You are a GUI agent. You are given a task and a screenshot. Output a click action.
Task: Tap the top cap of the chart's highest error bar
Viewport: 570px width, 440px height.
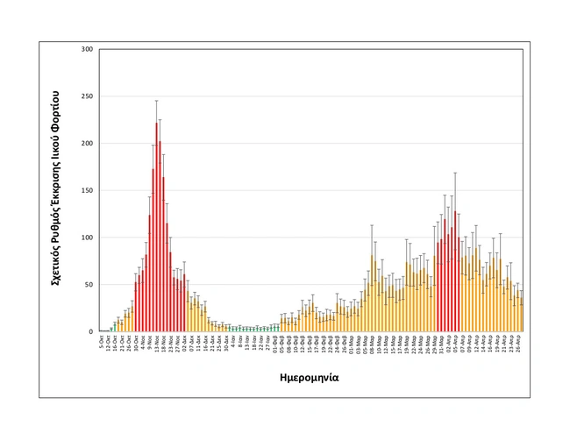pyautogui.click(x=156, y=101)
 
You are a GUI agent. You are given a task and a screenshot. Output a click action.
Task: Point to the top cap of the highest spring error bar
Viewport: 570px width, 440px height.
pyautogui.click(x=455, y=173)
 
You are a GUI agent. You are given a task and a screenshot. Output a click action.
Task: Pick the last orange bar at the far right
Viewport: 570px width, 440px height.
pyautogui.click(x=521, y=316)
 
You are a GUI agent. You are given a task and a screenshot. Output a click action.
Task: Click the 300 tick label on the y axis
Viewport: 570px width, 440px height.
pyautogui.click(x=87, y=49)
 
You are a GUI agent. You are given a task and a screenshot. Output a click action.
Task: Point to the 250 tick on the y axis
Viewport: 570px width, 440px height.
pyautogui.click(x=87, y=96)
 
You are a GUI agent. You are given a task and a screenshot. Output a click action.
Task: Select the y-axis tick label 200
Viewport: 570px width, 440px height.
pyautogui.click(x=87, y=144)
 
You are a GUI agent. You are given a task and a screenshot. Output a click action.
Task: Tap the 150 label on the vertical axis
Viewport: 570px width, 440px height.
pyautogui.click(x=87, y=190)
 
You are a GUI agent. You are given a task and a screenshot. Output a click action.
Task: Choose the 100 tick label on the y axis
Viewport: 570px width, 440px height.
pyautogui.click(x=87, y=238)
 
